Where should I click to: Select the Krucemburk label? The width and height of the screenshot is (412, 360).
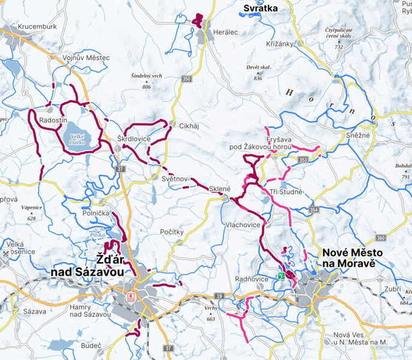click(x=37, y=27)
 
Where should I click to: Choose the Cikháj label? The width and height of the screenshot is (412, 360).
click(x=190, y=126)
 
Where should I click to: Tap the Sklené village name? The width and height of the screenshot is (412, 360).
click(x=220, y=189)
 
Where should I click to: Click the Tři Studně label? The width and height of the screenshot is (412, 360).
click(x=286, y=191)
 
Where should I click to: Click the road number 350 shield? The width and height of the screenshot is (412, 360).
click(x=187, y=79)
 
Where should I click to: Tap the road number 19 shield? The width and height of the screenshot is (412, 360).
click(x=219, y=296)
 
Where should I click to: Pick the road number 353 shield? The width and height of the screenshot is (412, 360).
click(x=303, y=160)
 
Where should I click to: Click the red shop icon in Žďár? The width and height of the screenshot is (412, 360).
click(x=128, y=296)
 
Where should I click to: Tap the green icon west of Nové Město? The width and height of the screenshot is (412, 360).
click(x=281, y=276)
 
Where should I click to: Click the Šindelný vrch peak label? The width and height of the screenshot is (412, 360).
click(x=146, y=76)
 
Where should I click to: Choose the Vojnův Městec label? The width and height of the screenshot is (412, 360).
click(x=86, y=58)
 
